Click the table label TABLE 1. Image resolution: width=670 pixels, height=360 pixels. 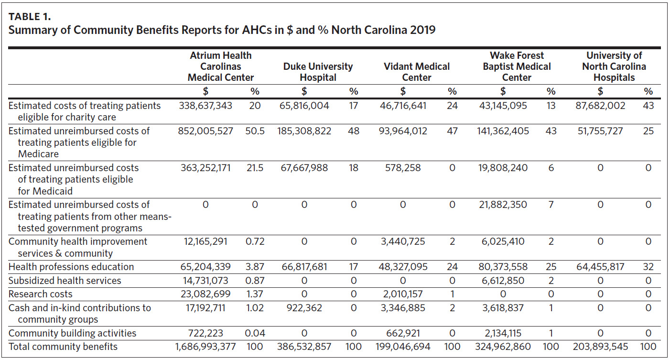pyautogui.click(x=30, y=17)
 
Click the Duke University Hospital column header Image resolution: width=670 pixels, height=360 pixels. pyautogui.click(x=318, y=72)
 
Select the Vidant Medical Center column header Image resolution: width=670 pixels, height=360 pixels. pyautogui.click(x=417, y=72)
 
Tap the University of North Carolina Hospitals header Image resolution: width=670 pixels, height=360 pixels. pyautogui.click(x=614, y=66)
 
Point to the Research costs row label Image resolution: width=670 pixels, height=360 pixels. pyautogui.click(x=41, y=294)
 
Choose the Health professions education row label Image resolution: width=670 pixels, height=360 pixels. pyautogui.click(x=71, y=267)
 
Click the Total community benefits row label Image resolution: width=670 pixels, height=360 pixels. pyautogui.click(x=63, y=347)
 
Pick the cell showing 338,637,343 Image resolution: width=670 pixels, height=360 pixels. pyautogui.click(x=204, y=106)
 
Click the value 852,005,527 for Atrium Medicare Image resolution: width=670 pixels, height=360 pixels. pyautogui.click(x=204, y=131)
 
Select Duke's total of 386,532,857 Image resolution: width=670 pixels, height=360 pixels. pyautogui.click(x=304, y=347)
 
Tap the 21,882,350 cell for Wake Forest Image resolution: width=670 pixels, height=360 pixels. pyautogui.click(x=503, y=205)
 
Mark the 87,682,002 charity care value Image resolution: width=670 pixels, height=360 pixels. pyautogui.click(x=600, y=106)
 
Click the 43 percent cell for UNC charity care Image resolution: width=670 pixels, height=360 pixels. pyautogui.click(x=648, y=106)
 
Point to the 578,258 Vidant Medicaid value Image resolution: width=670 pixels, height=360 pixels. pyautogui.click(x=403, y=168)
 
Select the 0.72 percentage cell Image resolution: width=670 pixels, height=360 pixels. pyautogui.click(x=255, y=241)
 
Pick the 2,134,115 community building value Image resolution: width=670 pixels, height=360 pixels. pyautogui.click(x=503, y=333)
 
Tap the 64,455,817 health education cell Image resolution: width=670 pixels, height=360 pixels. pyautogui.click(x=600, y=267)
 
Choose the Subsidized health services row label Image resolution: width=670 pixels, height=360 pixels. pyautogui.click(x=65, y=280)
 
